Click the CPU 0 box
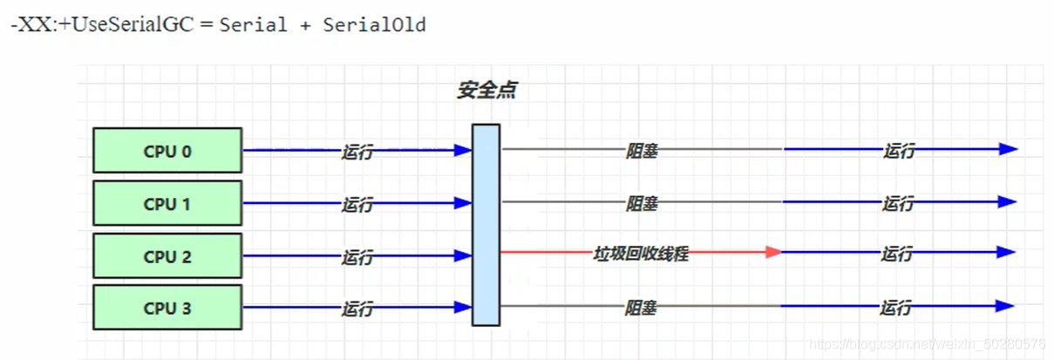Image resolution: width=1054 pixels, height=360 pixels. coord(167,151)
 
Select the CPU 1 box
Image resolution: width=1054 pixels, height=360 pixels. coord(167,204)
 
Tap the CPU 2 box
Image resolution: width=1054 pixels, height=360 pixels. coord(167,257)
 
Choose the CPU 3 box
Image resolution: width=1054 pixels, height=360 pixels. coord(167,308)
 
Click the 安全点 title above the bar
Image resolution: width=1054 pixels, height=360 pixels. coord(486,91)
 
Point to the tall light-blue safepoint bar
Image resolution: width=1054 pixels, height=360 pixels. coord(486,225)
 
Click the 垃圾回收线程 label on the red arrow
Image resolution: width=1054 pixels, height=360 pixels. coord(641,255)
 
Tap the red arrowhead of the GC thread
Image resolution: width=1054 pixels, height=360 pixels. coord(773,252)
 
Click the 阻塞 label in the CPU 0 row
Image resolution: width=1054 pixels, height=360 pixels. coord(642,151)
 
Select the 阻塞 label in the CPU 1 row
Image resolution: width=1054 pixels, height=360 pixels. coord(642,204)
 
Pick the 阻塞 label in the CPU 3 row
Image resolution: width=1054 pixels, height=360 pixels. coord(641,308)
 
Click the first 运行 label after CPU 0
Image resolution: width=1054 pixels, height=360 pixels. coord(357,153)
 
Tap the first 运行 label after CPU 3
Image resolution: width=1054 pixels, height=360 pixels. coord(357,309)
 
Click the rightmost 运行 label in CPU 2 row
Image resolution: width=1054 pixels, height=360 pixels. coord(897,255)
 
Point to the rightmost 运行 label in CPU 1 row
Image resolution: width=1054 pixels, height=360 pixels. coord(898,204)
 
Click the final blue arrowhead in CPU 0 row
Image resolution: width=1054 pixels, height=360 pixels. coord(1009,149)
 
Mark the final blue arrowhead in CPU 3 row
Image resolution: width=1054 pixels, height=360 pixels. coord(1006,306)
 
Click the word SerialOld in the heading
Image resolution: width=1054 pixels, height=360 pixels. coord(374,25)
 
